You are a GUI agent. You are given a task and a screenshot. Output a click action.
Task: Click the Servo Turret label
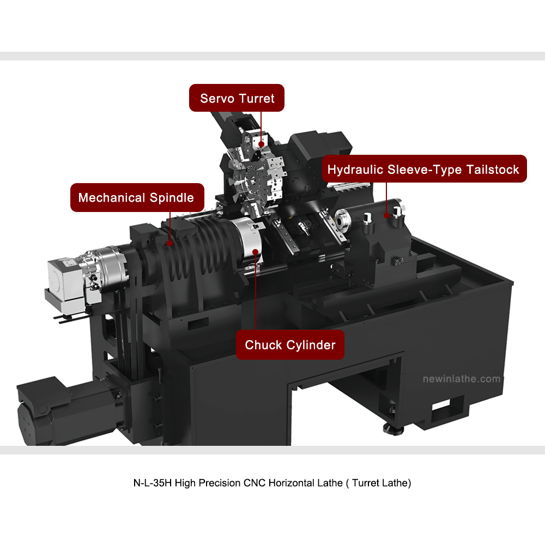pos(237,98)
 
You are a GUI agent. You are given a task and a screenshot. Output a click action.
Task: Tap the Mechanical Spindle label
pos(137,197)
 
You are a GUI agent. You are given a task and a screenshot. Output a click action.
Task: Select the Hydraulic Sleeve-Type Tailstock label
pos(424,169)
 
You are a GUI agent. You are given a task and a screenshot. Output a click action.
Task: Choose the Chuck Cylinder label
pos(290,345)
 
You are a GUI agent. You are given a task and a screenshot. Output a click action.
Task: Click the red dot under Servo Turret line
pos(262,144)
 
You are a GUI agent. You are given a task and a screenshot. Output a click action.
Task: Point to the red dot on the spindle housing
pos(169,243)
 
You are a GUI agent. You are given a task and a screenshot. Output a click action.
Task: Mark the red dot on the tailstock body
pos(386,215)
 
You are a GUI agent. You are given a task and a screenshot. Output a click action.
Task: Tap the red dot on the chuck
pos(256,252)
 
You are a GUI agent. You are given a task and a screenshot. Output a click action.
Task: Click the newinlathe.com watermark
pos(461,379)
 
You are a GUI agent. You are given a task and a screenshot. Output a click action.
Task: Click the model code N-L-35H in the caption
pos(153,483)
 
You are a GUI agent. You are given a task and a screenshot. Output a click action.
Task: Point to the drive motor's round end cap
pos(26,424)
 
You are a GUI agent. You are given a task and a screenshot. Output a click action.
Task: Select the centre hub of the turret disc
pos(252,180)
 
